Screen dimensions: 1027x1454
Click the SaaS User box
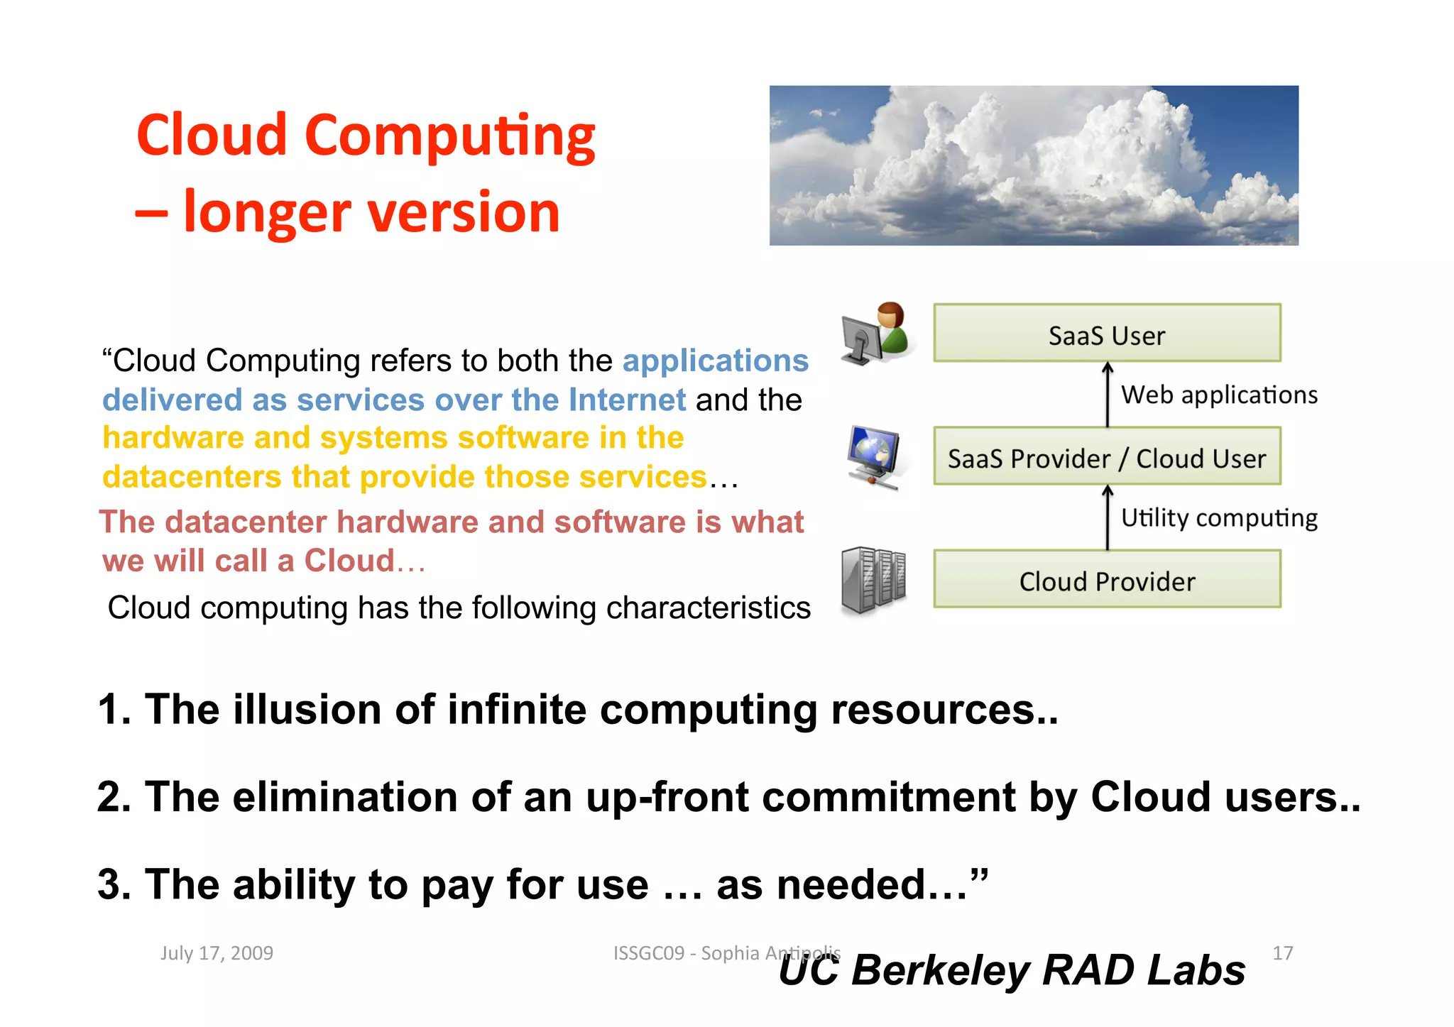pos(1106,334)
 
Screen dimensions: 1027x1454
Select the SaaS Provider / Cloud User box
pos(1106,457)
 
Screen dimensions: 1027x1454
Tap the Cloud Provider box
pos(1106,580)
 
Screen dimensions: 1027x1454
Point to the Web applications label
pos(1218,395)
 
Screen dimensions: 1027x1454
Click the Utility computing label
pos(1218,518)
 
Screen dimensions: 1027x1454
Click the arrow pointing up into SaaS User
pos(1108,394)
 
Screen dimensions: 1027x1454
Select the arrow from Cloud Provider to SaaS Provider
pos(1108,517)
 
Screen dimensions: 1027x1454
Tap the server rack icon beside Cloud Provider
pos(873,579)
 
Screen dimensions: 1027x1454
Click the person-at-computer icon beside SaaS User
pos(875,334)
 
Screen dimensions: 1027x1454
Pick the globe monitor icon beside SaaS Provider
pos(873,457)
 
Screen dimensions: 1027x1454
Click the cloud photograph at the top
pos(1034,165)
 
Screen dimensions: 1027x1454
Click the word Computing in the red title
pos(449,136)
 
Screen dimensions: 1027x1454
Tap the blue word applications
pos(715,361)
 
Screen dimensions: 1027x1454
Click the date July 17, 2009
pos(217,952)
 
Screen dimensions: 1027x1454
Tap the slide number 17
pos(1282,952)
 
